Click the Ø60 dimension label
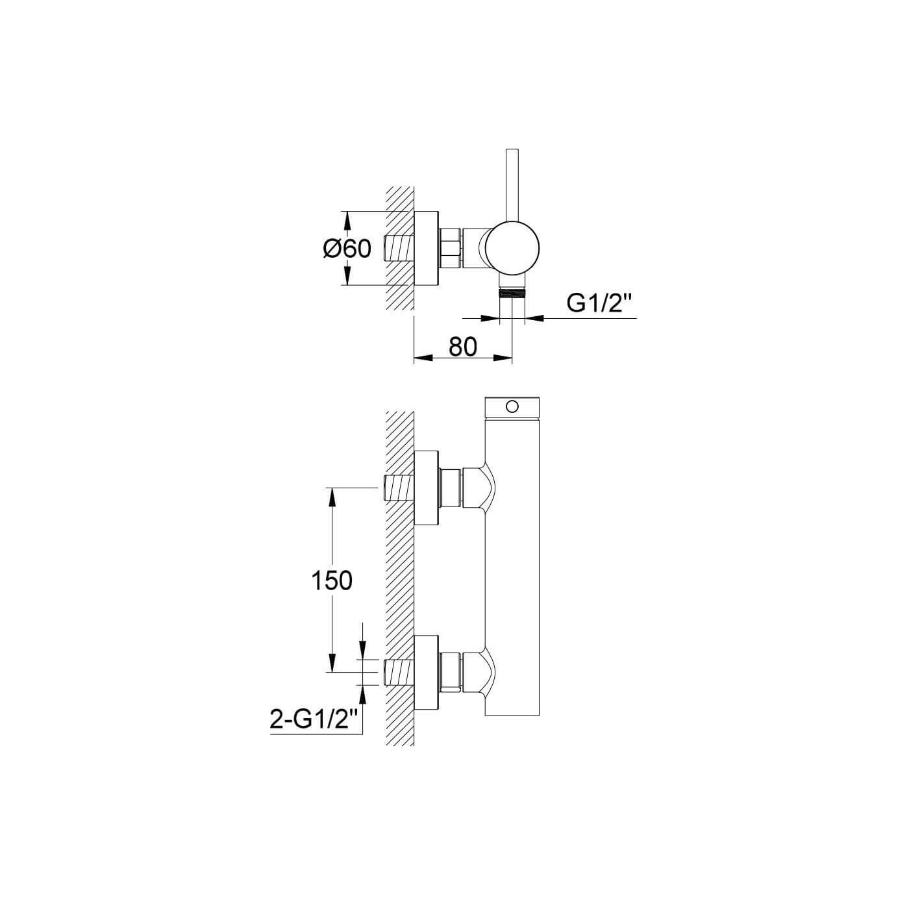[347, 249]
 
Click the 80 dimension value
[463, 347]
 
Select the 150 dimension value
[332, 580]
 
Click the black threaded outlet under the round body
[512, 292]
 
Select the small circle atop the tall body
[512, 406]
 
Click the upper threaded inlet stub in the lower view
[400, 488]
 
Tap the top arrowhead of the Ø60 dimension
[347, 220]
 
